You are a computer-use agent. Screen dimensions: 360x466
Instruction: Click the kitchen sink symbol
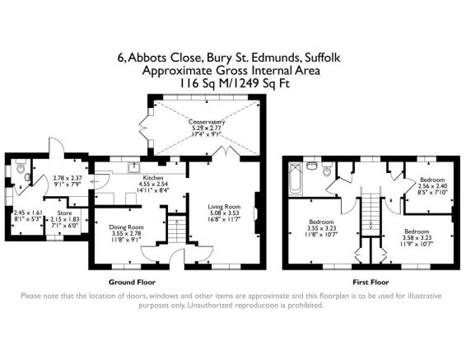coord(133,170)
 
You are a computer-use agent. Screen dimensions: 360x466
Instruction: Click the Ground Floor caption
coord(133,281)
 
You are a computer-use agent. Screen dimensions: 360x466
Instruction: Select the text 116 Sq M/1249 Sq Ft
coord(232,83)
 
